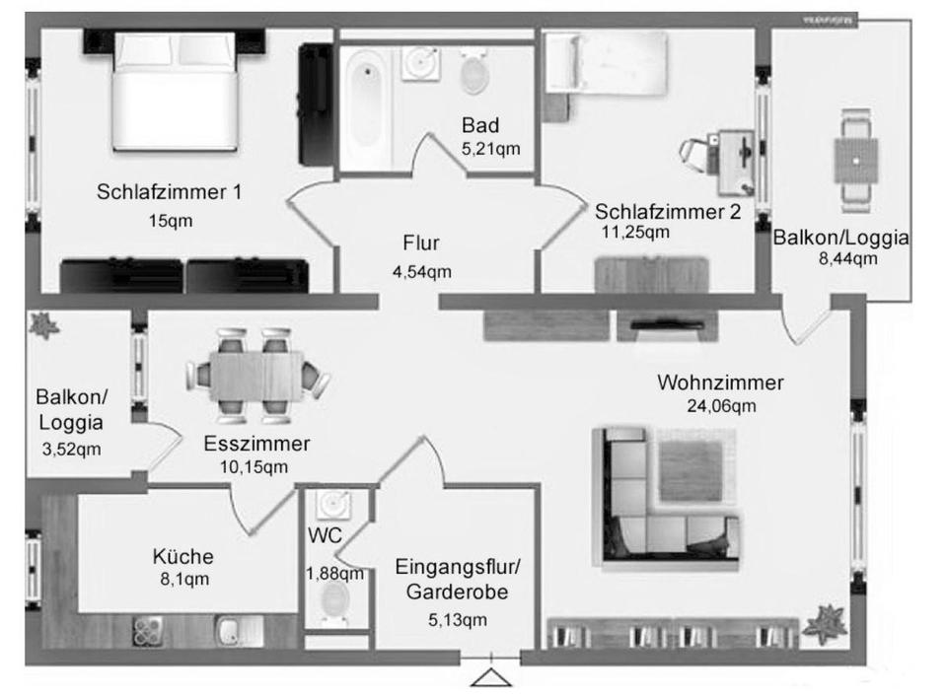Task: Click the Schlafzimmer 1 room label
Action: tap(169, 192)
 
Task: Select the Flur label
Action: tap(421, 243)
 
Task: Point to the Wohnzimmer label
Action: tap(721, 383)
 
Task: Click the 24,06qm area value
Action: tap(721, 405)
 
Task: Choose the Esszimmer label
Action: tap(256, 444)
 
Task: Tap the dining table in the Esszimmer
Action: tap(256, 377)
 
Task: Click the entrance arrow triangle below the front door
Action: tap(488, 678)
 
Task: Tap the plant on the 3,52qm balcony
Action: tap(42, 324)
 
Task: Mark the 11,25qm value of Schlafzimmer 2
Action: tap(635, 233)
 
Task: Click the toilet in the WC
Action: tap(335, 600)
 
